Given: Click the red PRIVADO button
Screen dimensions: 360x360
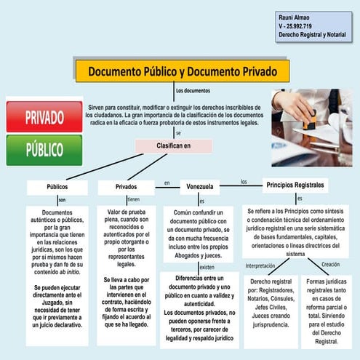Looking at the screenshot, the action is click(44, 116).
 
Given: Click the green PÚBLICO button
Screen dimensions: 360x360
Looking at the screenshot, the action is click(44, 150).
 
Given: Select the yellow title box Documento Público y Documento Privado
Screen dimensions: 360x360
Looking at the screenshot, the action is click(182, 71).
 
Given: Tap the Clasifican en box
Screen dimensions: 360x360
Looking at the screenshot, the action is click(174, 145).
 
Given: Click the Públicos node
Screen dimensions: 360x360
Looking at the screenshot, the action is click(57, 187).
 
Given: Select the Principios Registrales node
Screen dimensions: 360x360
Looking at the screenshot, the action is click(295, 185).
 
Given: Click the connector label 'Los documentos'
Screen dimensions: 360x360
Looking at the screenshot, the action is click(193, 91).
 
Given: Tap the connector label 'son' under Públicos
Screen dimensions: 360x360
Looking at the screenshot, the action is click(62, 200).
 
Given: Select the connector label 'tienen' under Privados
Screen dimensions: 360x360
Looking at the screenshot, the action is click(133, 199).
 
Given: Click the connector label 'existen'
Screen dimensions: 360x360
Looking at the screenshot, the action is click(207, 267).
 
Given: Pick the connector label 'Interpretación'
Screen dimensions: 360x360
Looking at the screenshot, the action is click(260, 265).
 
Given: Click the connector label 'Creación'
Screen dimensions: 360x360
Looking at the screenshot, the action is click(330, 264).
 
